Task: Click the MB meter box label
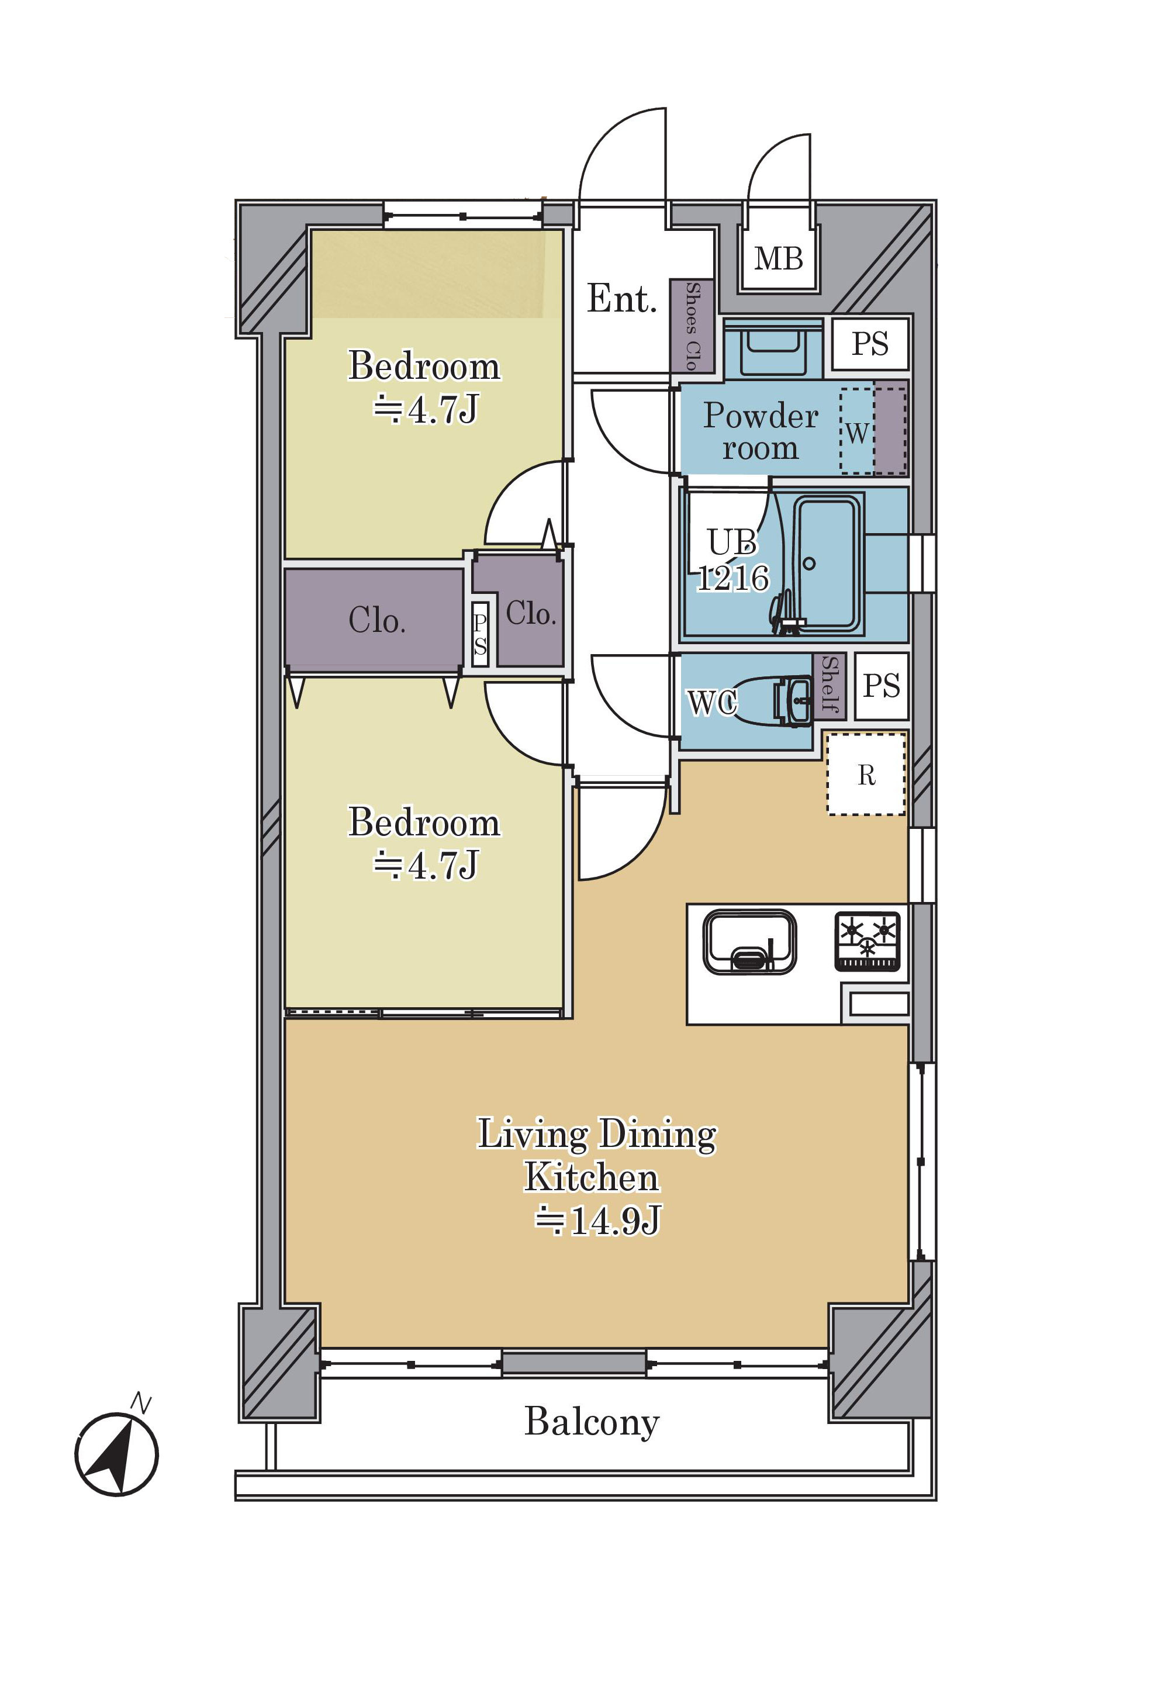(778, 259)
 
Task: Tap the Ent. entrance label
(621, 299)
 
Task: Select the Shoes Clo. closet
(692, 326)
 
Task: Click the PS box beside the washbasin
(870, 344)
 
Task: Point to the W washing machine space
(857, 431)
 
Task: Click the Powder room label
(761, 431)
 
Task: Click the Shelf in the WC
(830, 686)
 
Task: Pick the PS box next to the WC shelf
(882, 686)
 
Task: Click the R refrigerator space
(866, 775)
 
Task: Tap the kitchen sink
(749, 942)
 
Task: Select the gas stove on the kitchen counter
(868, 942)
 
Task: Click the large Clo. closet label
(376, 620)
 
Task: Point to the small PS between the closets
(480, 634)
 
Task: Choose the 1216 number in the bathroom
(732, 578)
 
